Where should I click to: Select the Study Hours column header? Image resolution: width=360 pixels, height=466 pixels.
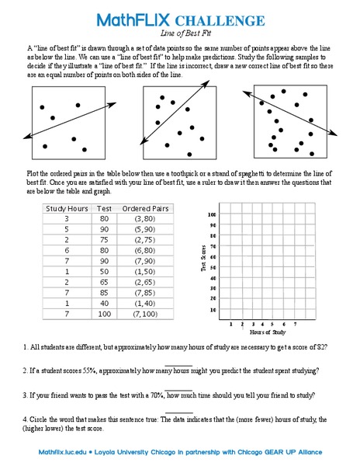click(67, 209)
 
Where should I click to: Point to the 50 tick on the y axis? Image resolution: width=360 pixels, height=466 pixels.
click(213, 267)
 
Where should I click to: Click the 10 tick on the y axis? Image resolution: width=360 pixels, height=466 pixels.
click(213, 310)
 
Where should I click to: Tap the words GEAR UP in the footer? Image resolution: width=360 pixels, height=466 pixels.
click(282, 451)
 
